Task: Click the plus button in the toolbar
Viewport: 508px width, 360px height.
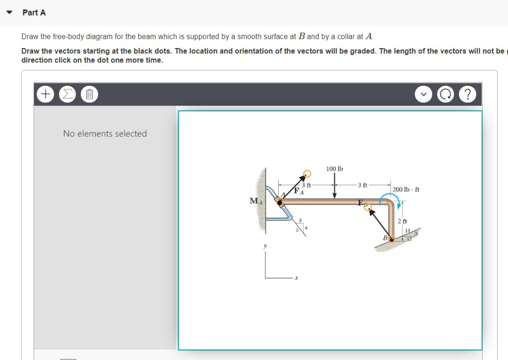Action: pos(45,94)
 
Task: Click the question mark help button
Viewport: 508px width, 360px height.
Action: pos(468,94)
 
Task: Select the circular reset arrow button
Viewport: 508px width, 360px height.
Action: pos(445,94)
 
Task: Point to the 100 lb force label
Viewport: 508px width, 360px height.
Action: pos(334,169)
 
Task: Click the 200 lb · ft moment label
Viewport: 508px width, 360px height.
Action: pos(406,189)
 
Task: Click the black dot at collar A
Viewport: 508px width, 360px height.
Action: pos(280,202)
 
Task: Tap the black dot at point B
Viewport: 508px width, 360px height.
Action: pos(392,239)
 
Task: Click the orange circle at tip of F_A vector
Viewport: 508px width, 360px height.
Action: pos(307,173)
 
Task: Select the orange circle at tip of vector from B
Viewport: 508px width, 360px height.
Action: pos(368,208)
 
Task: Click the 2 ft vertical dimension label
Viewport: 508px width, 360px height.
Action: pos(403,221)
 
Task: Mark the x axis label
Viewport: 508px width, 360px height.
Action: pos(296,278)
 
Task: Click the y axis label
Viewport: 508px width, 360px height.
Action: pos(265,245)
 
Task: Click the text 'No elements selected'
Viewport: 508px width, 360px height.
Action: pos(105,133)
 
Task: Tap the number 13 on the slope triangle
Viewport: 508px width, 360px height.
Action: pos(407,231)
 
